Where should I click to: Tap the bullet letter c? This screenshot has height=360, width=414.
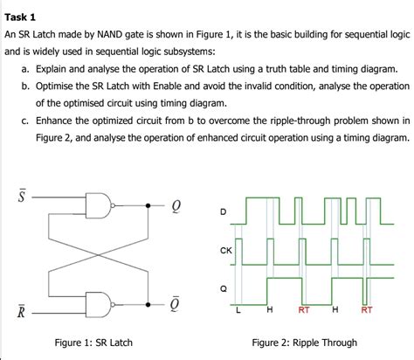(27, 121)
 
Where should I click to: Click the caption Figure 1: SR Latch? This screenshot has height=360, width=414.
(93, 342)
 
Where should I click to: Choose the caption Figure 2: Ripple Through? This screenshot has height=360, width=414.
(304, 342)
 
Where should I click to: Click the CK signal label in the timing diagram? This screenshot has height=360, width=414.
(225, 250)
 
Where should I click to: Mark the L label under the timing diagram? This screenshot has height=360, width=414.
(238, 309)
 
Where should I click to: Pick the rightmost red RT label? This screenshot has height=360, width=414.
(367, 309)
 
